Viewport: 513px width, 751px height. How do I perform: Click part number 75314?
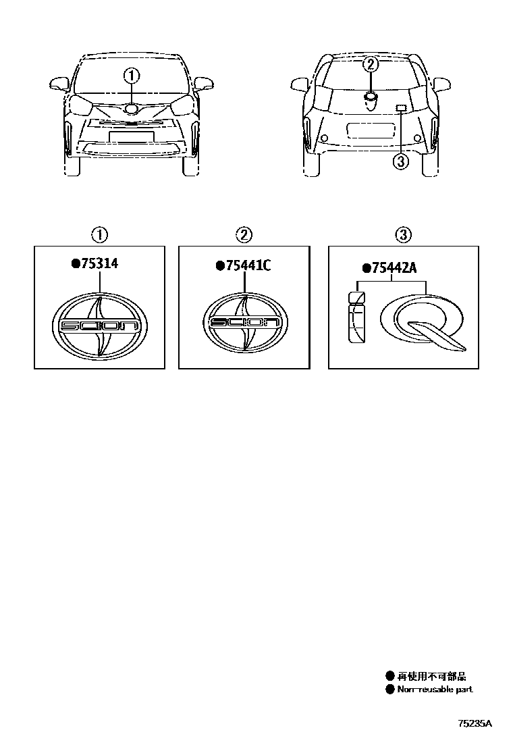pyautogui.click(x=99, y=263)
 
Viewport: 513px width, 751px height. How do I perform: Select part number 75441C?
pyautogui.click(x=248, y=265)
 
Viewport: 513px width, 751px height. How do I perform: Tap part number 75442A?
pyautogui.click(x=394, y=267)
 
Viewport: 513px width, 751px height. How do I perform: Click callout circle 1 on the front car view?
pyautogui.click(x=132, y=76)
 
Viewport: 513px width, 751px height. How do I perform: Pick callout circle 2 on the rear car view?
pyautogui.click(x=371, y=64)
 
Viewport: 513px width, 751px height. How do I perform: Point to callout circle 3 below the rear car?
pyautogui.click(x=400, y=161)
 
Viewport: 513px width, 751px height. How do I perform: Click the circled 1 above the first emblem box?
pyautogui.click(x=99, y=235)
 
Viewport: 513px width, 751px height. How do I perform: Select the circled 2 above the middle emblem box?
pyautogui.click(x=244, y=235)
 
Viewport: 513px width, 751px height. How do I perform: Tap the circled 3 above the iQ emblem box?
pyautogui.click(x=403, y=235)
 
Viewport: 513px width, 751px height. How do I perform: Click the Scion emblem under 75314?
pyautogui.click(x=99, y=326)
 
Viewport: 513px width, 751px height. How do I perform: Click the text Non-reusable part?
pyautogui.click(x=435, y=690)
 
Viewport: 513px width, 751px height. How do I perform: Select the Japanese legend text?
pyautogui.click(x=431, y=676)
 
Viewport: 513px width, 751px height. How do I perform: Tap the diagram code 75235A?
pyautogui.click(x=475, y=723)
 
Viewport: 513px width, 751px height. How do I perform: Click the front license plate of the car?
pyautogui.click(x=132, y=136)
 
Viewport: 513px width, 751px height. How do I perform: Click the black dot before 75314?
pyautogui.click(x=76, y=263)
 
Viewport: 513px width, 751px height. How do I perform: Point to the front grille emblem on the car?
pyautogui.click(x=132, y=109)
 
